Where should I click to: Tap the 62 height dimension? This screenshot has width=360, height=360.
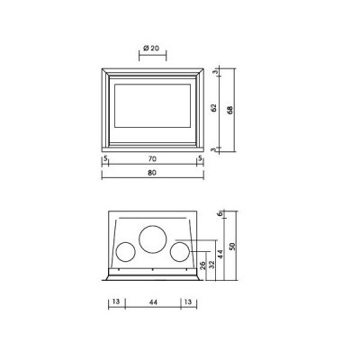coord(213,109)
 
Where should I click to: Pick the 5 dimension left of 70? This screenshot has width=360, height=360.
coord(105,158)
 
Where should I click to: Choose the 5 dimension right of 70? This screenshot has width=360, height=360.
coord(199,158)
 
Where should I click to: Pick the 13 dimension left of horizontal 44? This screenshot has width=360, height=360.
coord(117,303)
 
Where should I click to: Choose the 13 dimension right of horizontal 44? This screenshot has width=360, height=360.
coord(186,303)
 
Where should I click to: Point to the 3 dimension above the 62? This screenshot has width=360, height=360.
coord(214,71)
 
